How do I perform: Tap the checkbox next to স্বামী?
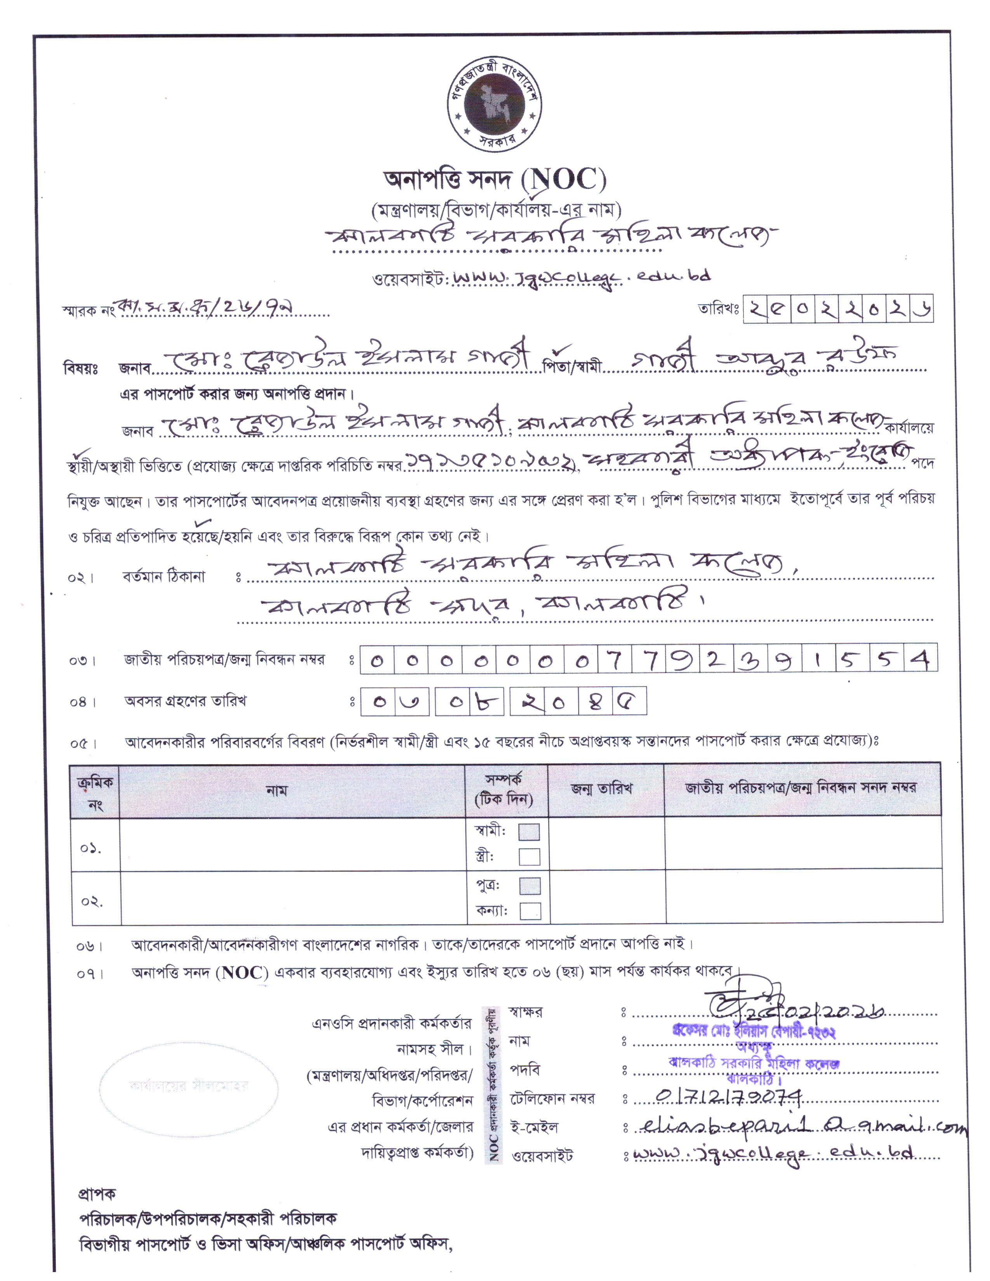tap(529, 832)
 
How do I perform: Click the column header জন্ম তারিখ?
tap(602, 789)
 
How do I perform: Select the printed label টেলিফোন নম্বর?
tap(552, 1099)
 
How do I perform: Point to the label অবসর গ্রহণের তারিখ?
tap(185, 701)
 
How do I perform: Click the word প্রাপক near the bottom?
tap(97, 1194)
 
